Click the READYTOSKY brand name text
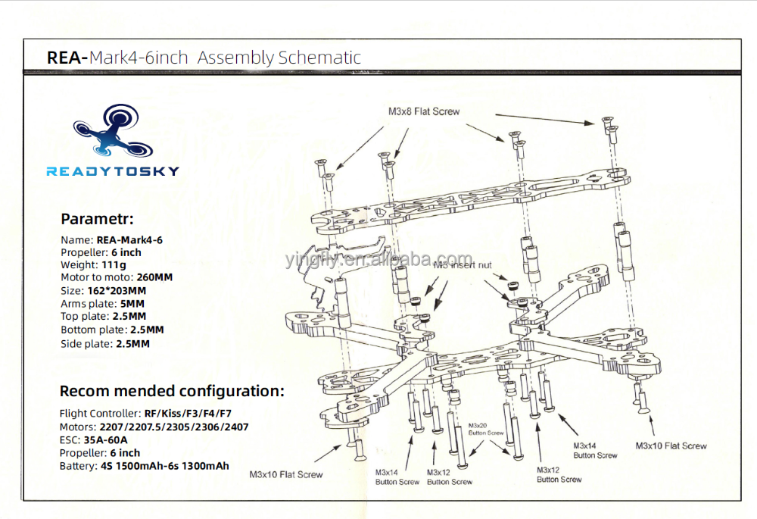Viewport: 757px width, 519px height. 113,171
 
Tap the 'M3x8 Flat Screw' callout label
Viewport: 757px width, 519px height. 424,111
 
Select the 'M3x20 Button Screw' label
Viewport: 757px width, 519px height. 486,430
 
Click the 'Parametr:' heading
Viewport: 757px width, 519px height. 97,220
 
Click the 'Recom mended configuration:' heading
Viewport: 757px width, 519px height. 172,392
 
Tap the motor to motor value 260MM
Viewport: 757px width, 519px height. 154,277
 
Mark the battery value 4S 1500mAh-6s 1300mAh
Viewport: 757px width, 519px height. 165,466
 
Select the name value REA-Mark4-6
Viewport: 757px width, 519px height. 129,239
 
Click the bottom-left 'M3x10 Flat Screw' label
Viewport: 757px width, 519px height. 286,475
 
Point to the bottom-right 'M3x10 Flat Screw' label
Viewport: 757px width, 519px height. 671,446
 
